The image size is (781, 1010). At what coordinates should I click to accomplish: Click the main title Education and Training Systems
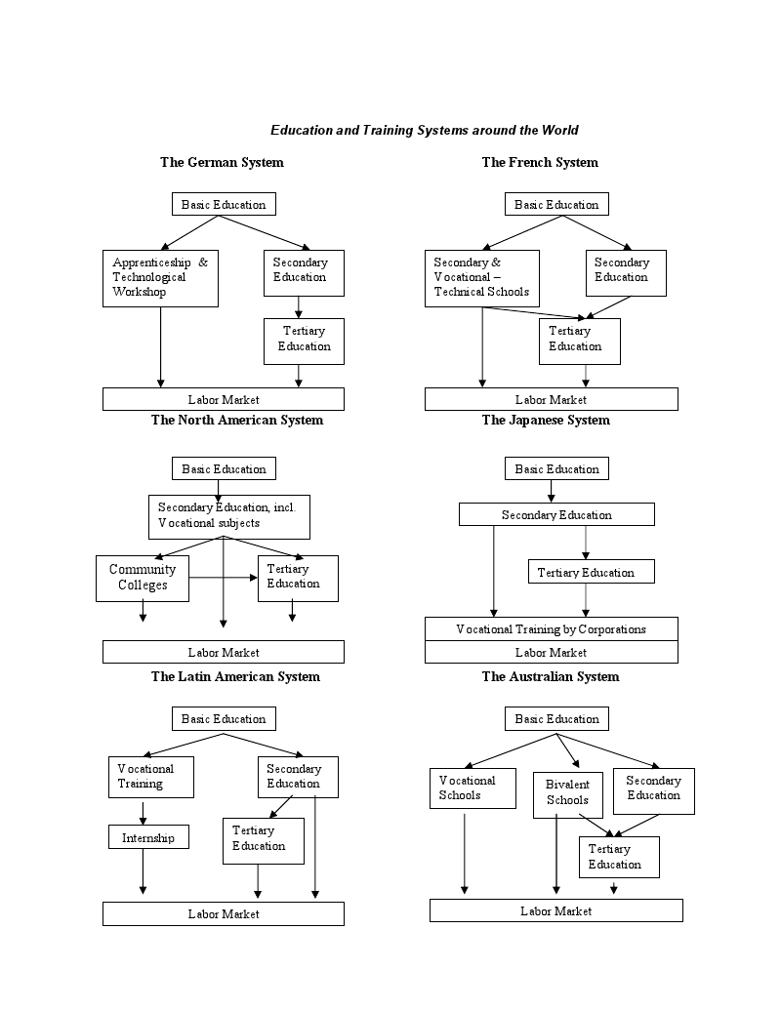click(424, 130)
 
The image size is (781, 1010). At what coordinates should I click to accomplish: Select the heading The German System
click(222, 162)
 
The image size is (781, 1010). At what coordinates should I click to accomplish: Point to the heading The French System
click(540, 162)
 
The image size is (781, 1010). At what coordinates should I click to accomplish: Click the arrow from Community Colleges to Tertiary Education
click(224, 577)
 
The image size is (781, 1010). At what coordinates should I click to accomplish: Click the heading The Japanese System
click(546, 420)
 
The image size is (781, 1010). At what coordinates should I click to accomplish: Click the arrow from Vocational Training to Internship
click(144, 812)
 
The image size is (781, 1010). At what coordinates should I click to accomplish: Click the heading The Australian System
click(551, 676)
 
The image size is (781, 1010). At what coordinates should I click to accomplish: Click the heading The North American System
click(237, 420)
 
